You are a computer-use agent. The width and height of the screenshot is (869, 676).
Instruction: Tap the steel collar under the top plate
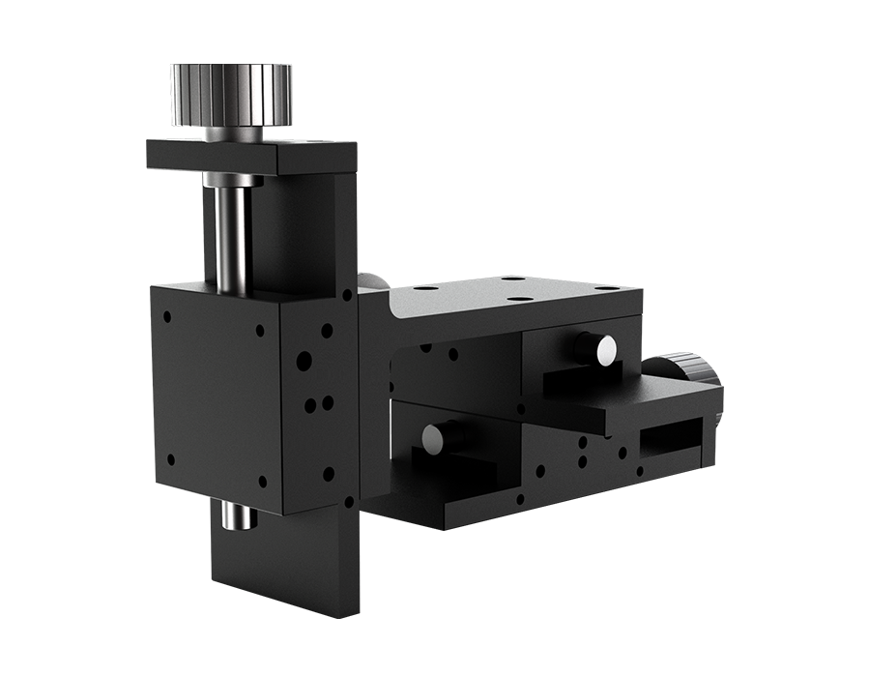click(233, 180)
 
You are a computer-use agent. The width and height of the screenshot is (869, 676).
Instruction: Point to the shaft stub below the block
click(239, 515)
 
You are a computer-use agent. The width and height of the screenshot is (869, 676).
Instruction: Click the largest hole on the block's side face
click(304, 362)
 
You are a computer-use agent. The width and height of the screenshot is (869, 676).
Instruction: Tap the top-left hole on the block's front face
click(168, 316)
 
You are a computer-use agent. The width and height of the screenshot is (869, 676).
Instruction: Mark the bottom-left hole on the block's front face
click(170, 459)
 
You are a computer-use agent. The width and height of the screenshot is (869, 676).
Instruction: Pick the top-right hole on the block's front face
click(260, 331)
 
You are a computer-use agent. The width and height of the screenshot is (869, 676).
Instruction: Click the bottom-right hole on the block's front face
click(262, 480)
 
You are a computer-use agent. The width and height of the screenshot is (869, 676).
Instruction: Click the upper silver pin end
click(606, 350)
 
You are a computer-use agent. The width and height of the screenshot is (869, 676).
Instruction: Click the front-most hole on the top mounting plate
click(519, 298)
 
